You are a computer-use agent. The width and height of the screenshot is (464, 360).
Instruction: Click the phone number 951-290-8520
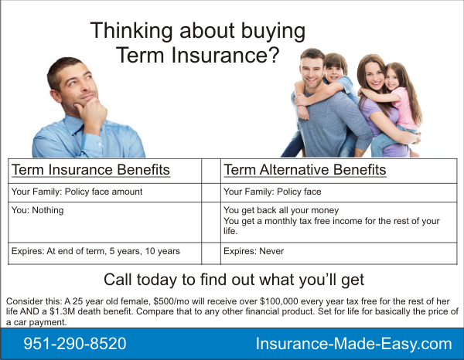tap(75, 344)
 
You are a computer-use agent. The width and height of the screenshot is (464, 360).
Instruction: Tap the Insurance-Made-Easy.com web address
tap(353, 344)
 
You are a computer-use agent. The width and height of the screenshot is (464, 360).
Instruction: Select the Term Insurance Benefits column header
tap(90, 170)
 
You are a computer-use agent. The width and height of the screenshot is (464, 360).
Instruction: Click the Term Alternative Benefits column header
tap(305, 170)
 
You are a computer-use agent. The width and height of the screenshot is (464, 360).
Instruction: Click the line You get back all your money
tap(281, 210)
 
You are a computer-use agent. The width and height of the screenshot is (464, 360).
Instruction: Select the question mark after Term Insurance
tap(274, 55)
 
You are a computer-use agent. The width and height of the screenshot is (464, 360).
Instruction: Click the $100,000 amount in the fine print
tap(279, 301)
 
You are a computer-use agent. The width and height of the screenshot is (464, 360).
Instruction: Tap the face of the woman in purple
tap(374, 76)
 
